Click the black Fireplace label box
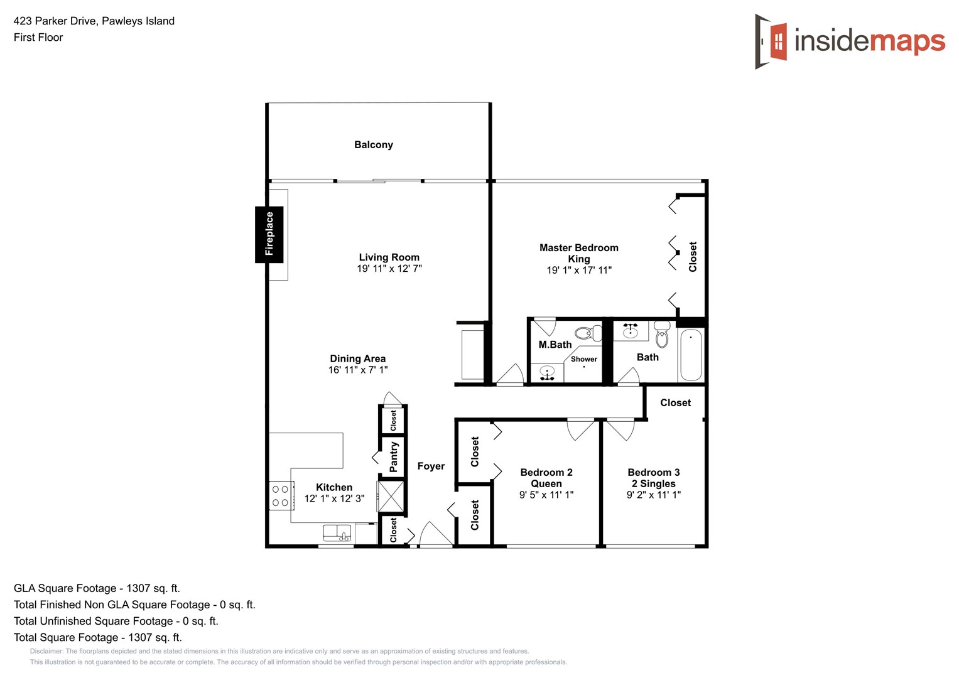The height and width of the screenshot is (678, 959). click(269, 234)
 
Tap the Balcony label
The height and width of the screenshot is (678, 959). click(373, 145)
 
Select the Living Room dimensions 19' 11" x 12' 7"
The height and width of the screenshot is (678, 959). click(389, 269)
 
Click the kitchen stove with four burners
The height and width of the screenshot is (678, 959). click(281, 495)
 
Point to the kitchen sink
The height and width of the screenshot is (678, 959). click(337, 533)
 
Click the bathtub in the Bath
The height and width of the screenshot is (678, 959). click(690, 355)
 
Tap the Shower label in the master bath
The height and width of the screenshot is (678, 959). click(583, 359)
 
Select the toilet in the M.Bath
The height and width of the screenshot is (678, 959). click(587, 333)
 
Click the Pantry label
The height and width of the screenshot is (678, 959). click(394, 456)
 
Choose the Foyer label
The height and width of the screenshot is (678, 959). click(431, 466)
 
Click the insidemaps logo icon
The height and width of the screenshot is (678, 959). click(772, 41)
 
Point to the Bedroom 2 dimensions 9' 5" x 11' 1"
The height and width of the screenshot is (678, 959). click(546, 495)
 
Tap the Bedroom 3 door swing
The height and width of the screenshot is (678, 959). click(620, 429)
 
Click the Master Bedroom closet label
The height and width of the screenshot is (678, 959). click(693, 256)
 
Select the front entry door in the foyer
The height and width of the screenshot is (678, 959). click(436, 535)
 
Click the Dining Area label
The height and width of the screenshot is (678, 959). click(357, 358)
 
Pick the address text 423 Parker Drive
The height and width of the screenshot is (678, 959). click(94, 21)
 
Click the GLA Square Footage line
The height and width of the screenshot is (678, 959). click(97, 588)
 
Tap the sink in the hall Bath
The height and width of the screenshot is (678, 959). click(630, 331)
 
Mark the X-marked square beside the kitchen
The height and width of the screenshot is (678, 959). click(390, 497)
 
